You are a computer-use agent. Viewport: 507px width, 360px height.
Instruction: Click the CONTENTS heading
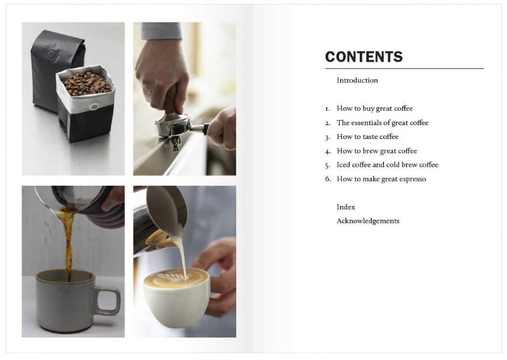click(x=364, y=57)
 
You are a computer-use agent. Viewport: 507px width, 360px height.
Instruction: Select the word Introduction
click(x=357, y=81)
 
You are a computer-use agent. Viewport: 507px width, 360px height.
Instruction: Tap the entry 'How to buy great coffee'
click(x=375, y=108)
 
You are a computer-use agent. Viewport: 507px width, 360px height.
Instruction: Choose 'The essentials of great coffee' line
click(x=382, y=123)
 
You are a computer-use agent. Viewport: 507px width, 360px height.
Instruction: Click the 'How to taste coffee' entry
click(x=367, y=137)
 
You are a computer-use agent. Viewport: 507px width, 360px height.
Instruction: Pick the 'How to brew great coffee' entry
click(x=376, y=151)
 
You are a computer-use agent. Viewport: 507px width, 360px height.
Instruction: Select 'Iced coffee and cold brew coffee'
click(x=387, y=165)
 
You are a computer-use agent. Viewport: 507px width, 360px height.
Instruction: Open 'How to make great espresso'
click(x=381, y=179)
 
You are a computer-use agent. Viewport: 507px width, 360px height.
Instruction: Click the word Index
click(x=346, y=207)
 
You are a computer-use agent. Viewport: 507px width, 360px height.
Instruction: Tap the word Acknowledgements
click(x=368, y=221)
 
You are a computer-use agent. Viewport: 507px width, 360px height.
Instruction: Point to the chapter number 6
click(x=327, y=179)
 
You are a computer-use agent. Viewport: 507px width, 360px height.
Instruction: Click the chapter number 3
click(x=327, y=137)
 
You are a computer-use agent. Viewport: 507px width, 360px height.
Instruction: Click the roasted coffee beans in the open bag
click(x=87, y=84)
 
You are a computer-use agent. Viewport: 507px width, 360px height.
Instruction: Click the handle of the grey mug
click(x=109, y=300)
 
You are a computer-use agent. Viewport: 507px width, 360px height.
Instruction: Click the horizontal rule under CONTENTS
click(x=404, y=69)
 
